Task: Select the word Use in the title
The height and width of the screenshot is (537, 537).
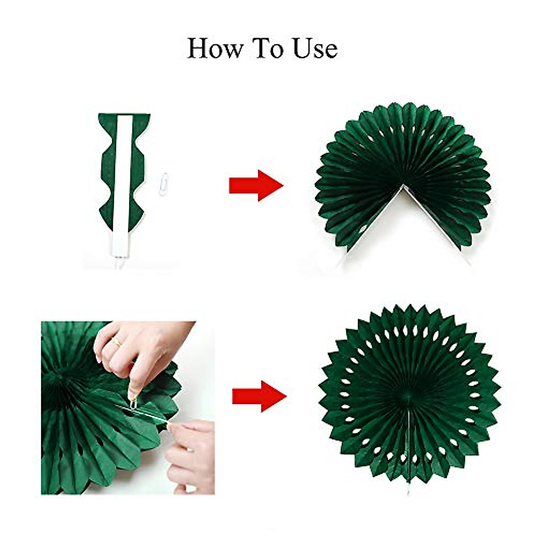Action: (x=315, y=48)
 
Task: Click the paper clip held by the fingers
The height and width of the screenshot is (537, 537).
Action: (x=133, y=401)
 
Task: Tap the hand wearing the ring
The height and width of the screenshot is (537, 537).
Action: (x=143, y=347)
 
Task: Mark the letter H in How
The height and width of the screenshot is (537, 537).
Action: (x=197, y=48)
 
